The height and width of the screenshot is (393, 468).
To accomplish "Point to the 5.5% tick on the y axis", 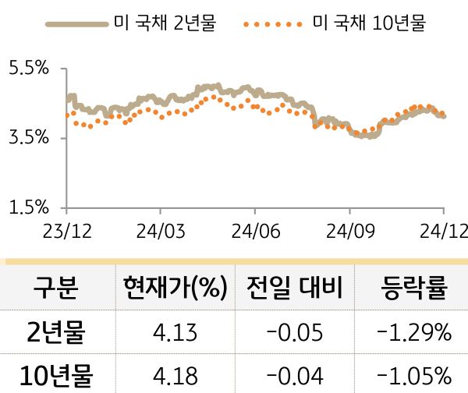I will (28, 69).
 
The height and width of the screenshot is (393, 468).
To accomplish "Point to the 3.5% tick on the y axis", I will (28, 138).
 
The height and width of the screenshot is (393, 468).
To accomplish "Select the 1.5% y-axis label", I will (28, 207).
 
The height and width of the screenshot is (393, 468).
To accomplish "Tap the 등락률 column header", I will (413, 289).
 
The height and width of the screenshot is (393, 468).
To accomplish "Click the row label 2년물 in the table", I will (55, 333).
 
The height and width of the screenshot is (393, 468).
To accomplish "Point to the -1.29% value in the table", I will (413, 333).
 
